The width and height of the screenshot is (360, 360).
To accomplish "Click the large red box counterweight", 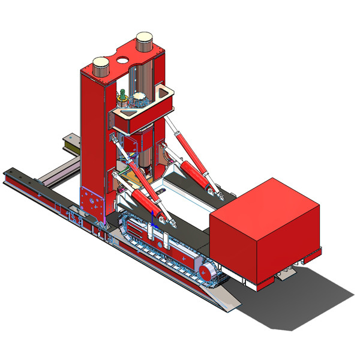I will [x=264, y=231].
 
